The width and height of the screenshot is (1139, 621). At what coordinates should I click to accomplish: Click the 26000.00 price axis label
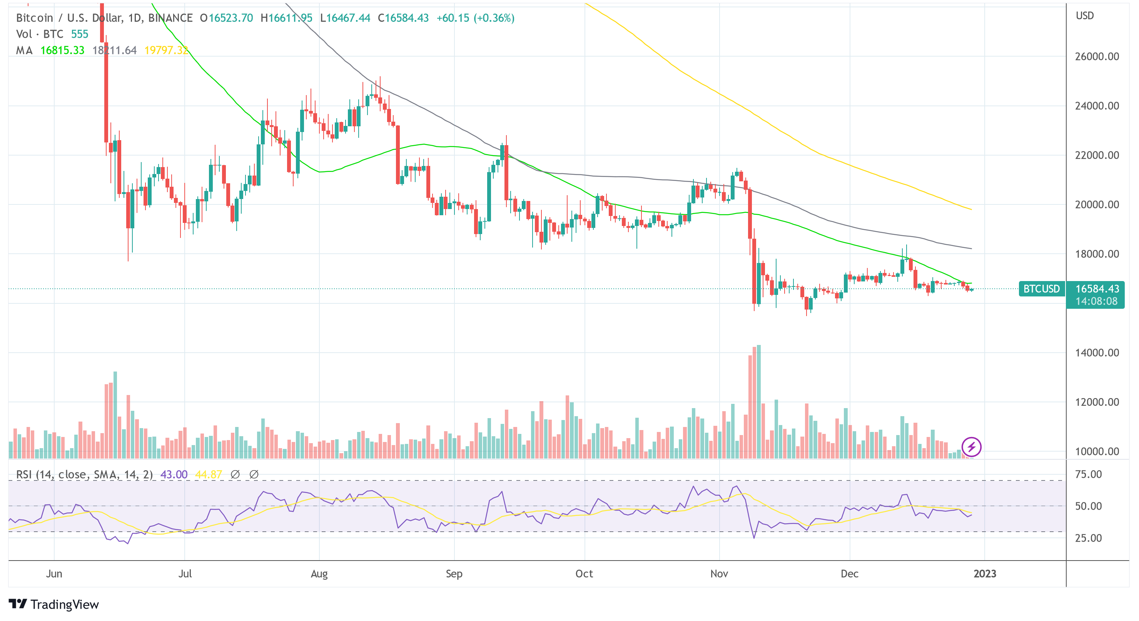pyautogui.click(x=1097, y=57)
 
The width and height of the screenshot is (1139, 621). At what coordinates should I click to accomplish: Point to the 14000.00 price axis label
pyautogui.click(x=1097, y=353)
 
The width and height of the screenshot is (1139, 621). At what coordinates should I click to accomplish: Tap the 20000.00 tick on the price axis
pyautogui.click(x=1097, y=204)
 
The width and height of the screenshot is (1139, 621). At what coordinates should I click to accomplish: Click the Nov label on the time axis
pyautogui.click(x=719, y=574)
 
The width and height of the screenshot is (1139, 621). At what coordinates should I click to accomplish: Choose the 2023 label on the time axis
pyautogui.click(x=985, y=574)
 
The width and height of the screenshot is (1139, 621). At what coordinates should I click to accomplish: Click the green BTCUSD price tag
pyautogui.click(x=1041, y=289)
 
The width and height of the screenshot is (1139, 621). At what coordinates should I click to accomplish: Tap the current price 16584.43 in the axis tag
pyautogui.click(x=1097, y=289)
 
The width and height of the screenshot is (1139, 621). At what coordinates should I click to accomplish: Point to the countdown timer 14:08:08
pyautogui.click(x=1096, y=301)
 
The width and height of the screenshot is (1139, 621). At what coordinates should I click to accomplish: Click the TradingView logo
pyautogui.click(x=54, y=604)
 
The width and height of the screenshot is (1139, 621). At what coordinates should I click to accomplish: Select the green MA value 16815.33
pyautogui.click(x=62, y=50)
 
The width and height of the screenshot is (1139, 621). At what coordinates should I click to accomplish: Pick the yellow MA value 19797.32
pyautogui.click(x=166, y=50)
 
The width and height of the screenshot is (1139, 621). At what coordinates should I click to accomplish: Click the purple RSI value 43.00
pyautogui.click(x=174, y=475)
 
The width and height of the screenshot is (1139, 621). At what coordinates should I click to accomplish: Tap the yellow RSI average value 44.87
pyautogui.click(x=208, y=475)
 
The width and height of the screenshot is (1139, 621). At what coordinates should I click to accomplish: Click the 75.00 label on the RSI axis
pyautogui.click(x=1088, y=474)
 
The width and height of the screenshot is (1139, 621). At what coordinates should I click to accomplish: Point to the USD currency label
pyautogui.click(x=1085, y=16)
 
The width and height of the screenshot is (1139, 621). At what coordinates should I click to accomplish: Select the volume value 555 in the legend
pyautogui.click(x=80, y=34)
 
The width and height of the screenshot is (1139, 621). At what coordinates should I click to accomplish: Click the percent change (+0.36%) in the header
pyautogui.click(x=494, y=18)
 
